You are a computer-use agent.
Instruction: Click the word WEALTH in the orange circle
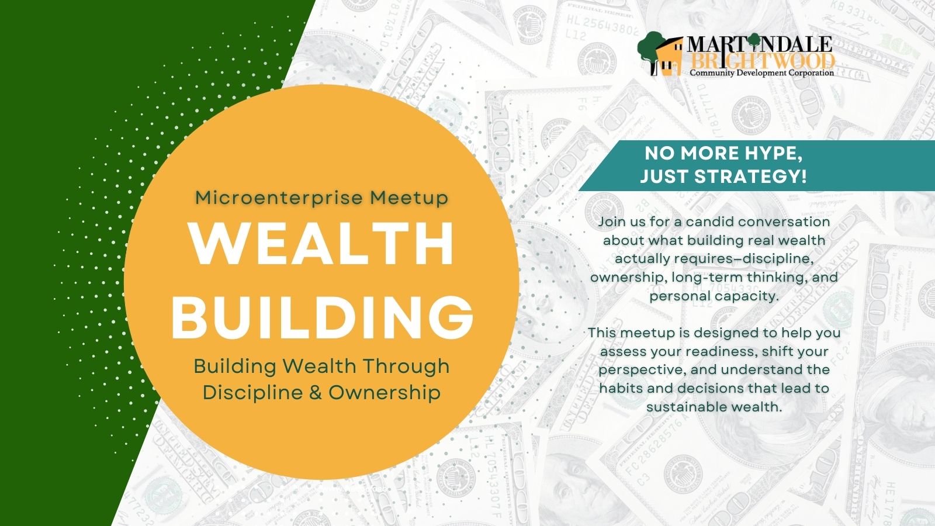pyautogui.click(x=322, y=244)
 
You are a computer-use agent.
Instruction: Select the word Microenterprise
pyautogui.click(x=279, y=198)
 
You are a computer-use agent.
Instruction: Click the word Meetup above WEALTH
pyautogui.click(x=410, y=198)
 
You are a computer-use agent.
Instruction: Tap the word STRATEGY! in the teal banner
pyautogui.click(x=751, y=176)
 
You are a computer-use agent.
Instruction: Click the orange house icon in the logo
pyautogui.click(x=670, y=57)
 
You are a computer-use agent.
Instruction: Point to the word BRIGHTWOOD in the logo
pyautogui.click(x=762, y=61)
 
